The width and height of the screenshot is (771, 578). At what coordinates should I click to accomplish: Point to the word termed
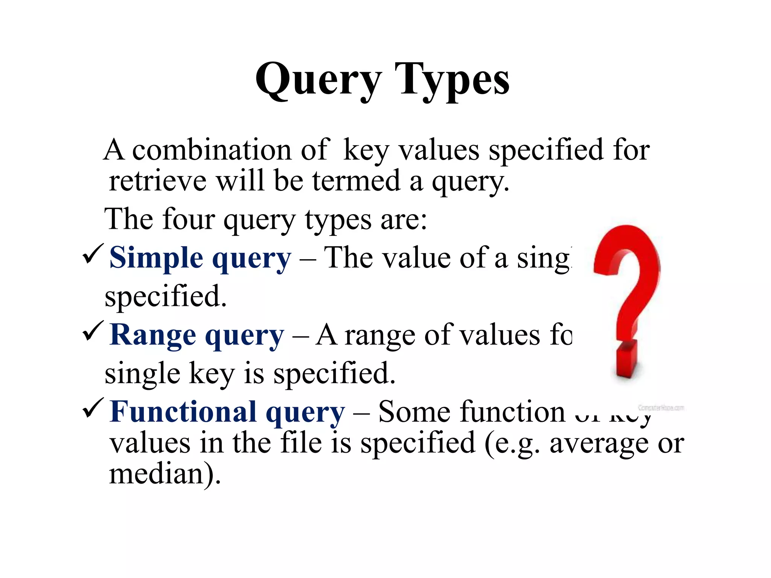pyautogui.click(x=356, y=181)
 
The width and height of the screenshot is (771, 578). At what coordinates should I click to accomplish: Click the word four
pyautogui.click(x=189, y=219)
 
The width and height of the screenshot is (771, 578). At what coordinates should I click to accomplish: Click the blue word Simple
pyautogui.click(x=156, y=258)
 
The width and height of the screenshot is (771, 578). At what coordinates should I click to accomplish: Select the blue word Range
pyautogui.click(x=153, y=335)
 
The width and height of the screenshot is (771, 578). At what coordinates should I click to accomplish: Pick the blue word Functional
pyautogui.click(x=183, y=412)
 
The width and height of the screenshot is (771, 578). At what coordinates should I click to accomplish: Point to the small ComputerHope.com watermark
pyautogui.click(x=661, y=408)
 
